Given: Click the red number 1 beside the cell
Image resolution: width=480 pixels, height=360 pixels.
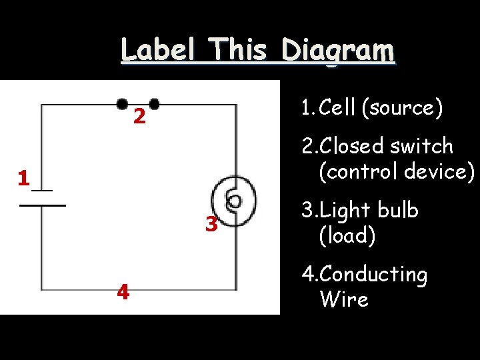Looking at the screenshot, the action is coord(23,179).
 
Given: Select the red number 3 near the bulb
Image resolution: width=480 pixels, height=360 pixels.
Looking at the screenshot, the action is coord(211,225).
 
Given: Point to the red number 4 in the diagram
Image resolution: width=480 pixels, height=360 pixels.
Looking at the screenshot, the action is coord(123,292).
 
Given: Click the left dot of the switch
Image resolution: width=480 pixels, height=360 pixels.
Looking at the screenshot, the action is coord(123,104).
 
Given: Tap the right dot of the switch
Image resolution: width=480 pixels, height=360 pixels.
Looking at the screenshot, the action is coord(155,104).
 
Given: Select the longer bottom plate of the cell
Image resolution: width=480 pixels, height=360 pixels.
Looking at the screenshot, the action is coord(43,205).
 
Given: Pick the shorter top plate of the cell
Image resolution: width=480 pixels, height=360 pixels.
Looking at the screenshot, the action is coord(42,190).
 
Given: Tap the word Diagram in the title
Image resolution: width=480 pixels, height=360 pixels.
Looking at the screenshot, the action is coord(337,51).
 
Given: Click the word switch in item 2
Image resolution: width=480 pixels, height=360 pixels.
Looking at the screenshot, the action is coord(422,146).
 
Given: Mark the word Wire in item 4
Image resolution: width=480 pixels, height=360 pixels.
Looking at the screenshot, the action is coord(344,299).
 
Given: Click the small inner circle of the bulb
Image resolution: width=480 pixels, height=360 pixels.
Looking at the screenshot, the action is coord(234,200).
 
